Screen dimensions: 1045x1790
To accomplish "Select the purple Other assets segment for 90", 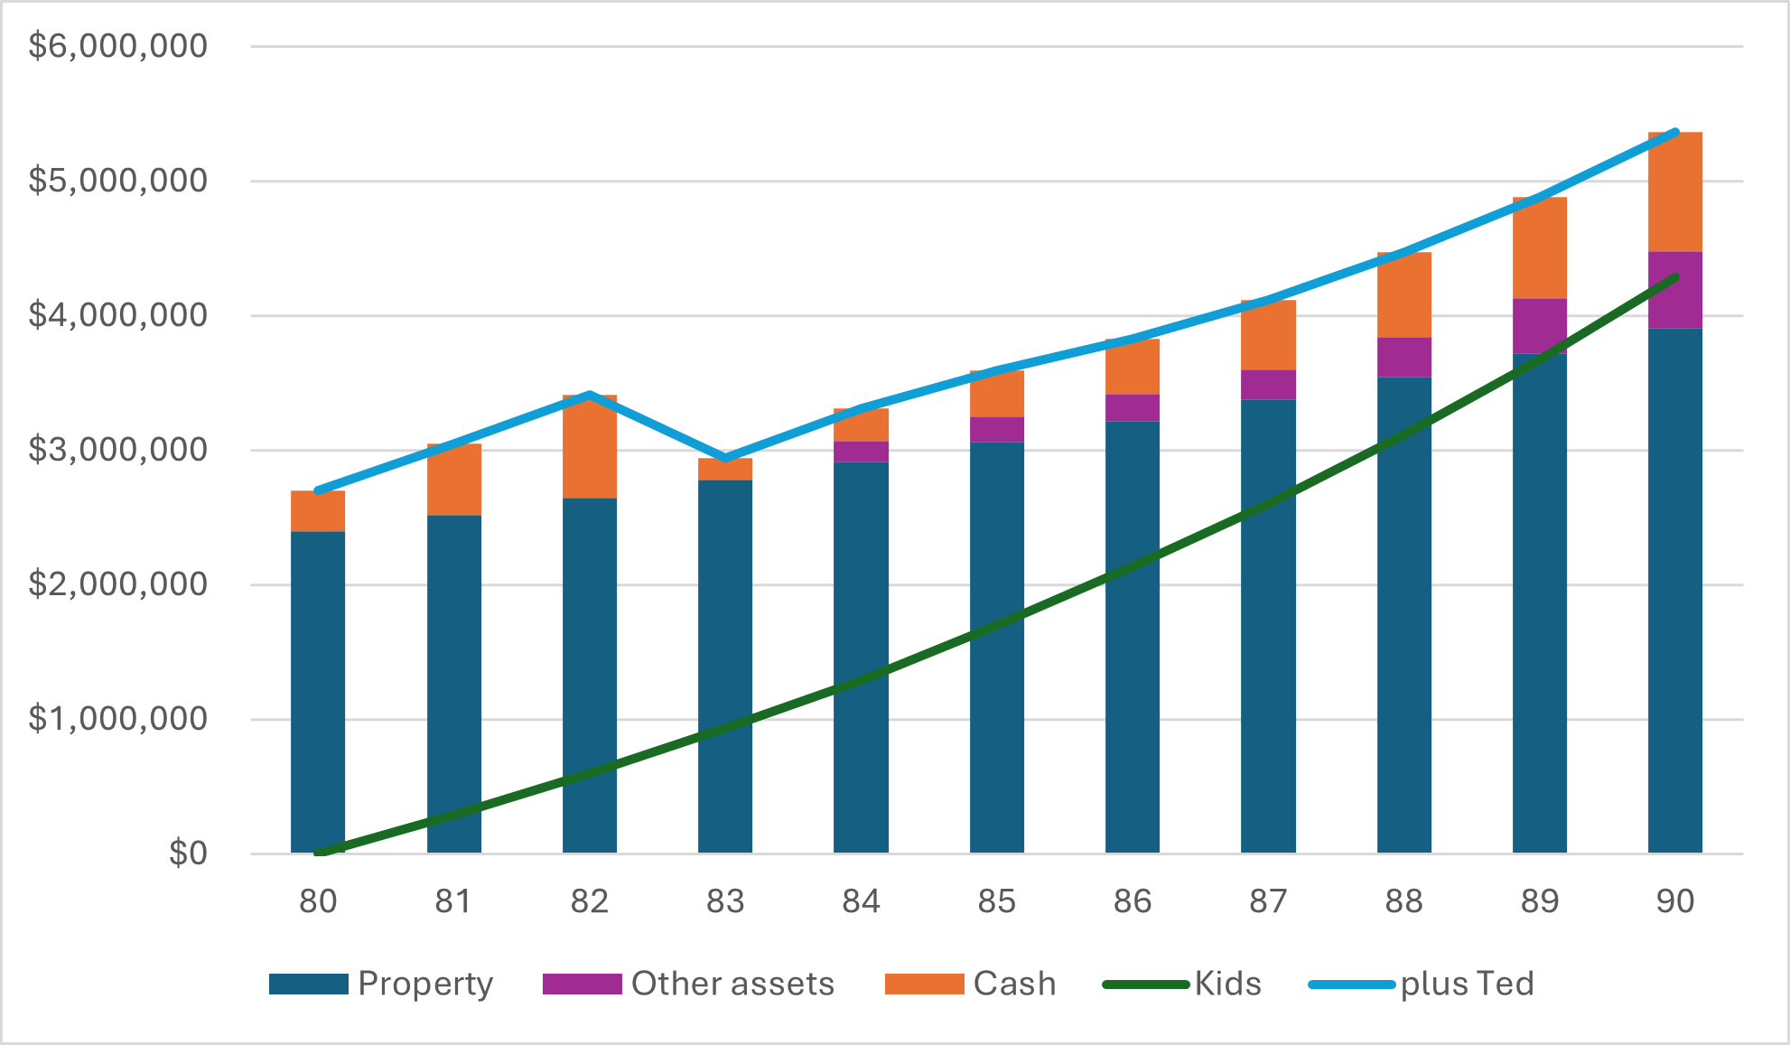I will click(1675, 291).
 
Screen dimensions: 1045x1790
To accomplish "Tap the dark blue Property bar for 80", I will click(318, 692).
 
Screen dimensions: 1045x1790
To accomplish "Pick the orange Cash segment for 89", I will click(1540, 248).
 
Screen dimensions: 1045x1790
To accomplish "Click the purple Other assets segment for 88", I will click(1404, 358).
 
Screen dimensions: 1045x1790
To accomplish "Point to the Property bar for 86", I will click(1133, 637).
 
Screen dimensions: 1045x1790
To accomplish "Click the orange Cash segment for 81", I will click(454, 480).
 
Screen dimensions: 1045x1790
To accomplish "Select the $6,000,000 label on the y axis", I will click(118, 46).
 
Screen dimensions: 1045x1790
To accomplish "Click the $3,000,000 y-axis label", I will click(118, 450).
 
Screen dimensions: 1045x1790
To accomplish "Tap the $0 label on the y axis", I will click(188, 854).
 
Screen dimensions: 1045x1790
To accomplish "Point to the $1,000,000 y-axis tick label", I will click(118, 719).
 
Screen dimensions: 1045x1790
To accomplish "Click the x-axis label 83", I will click(725, 901).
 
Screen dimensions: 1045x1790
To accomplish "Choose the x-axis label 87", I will click(1268, 901).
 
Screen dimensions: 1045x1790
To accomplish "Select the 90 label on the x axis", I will click(1675, 901).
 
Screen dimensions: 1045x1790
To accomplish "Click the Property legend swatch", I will click(309, 984).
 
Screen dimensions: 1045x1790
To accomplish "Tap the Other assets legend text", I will click(732, 984).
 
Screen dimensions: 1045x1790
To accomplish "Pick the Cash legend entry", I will click(1014, 984).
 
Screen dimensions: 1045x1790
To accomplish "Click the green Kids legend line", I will click(1145, 984).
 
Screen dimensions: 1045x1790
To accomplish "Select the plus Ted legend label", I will click(1467, 984).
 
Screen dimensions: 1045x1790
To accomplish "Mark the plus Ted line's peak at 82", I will click(590, 395).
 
